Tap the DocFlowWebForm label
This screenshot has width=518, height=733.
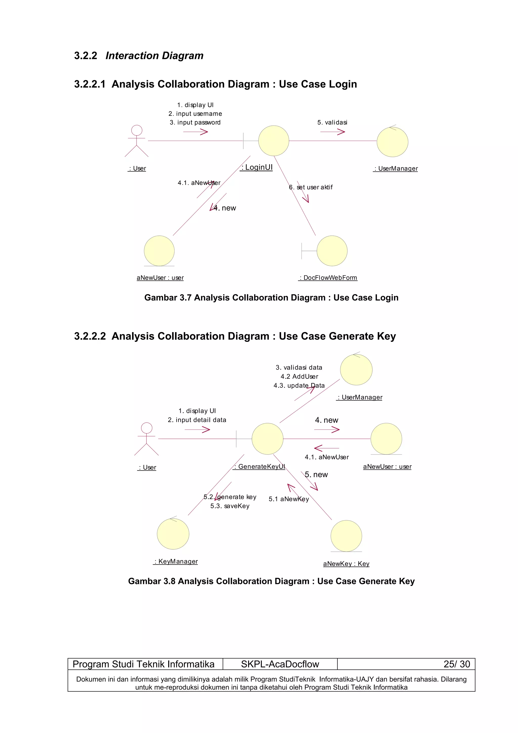click(328, 278)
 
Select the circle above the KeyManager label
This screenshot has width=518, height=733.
click(173, 534)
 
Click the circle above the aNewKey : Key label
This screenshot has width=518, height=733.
click(346, 536)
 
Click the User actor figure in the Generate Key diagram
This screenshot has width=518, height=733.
click(146, 439)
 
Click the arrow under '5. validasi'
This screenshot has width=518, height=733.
click(333, 132)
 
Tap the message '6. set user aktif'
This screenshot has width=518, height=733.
click(311, 187)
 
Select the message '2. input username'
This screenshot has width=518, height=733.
click(195, 114)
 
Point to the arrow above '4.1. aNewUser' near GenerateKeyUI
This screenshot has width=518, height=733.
click(327, 448)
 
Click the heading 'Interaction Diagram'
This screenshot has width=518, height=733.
click(155, 56)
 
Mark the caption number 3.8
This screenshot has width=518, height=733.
click(169, 581)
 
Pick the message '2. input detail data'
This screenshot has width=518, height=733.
click(197, 420)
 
